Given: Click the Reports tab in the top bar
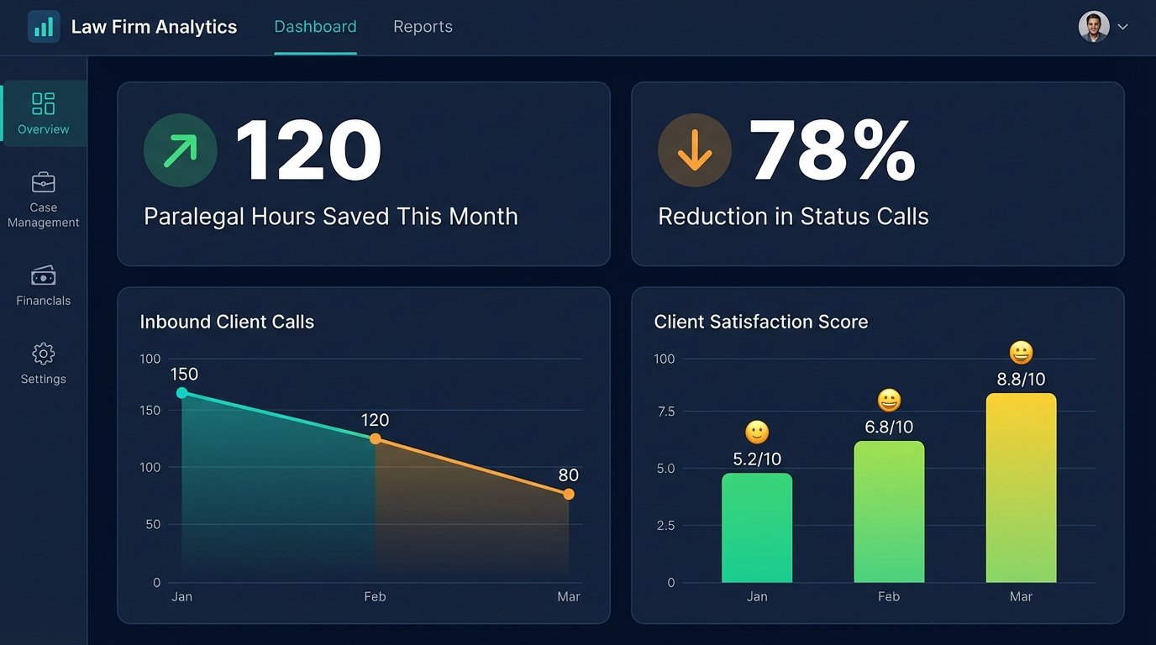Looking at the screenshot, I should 423,27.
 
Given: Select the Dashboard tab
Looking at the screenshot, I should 315,27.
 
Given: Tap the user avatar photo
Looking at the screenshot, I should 1093,27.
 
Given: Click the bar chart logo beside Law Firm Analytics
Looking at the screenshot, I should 44,27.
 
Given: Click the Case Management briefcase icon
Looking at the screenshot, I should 44,182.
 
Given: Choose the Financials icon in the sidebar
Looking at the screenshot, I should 44,275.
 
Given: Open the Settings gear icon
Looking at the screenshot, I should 44,353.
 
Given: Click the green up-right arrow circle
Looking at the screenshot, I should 181,150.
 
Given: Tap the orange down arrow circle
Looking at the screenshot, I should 695,150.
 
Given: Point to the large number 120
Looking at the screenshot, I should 307,151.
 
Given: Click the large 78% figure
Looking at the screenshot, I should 832,151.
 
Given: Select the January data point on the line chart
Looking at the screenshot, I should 182,392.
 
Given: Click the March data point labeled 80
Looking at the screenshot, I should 569,494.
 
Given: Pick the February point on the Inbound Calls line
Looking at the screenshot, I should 376,438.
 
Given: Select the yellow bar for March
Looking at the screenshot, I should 1021,487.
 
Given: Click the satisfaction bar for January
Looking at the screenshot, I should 757,527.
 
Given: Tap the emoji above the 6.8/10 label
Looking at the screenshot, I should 889,400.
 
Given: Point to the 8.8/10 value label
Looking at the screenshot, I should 1021,380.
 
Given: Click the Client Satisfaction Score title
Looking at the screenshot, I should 760,322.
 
